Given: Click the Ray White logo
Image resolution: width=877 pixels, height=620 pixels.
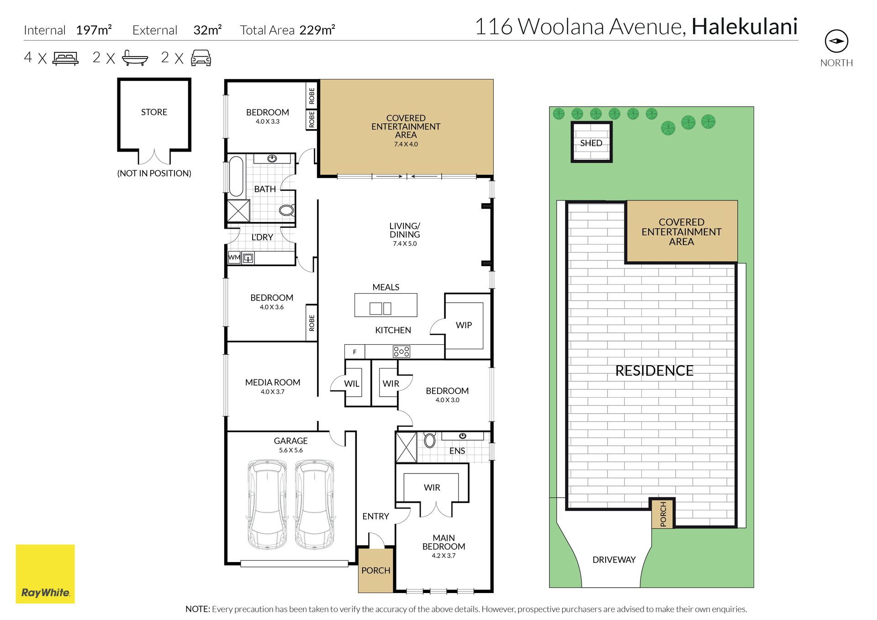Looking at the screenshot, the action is click(45, 573).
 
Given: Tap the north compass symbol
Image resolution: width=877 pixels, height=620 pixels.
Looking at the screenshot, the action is click(836, 41).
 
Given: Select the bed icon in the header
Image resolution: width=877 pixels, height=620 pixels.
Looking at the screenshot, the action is click(66, 58).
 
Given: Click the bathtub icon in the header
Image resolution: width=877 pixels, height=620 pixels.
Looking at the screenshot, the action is click(135, 58).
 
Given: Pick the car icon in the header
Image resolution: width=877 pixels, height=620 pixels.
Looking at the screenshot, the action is click(201, 58).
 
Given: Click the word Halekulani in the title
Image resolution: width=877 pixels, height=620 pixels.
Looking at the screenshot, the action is click(745, 26).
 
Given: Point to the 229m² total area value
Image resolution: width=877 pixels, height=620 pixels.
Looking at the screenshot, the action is click(317, 30).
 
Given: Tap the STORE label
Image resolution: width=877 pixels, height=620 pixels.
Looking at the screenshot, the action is click(154, 112).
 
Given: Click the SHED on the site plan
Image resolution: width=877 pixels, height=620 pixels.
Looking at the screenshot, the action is click(592, 142).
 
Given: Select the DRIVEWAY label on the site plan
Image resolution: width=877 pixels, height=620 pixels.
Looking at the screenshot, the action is click(614, 560).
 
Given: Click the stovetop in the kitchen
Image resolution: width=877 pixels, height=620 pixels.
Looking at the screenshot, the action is click(402, 352).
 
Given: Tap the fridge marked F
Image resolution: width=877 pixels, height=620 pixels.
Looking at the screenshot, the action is click(354, 352).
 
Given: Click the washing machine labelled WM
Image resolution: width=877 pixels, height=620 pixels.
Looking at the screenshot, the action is click(234, 257).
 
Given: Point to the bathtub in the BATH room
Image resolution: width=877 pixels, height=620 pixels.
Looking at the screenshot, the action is click(236, 176).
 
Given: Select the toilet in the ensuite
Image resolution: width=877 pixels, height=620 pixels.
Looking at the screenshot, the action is click(429, 440).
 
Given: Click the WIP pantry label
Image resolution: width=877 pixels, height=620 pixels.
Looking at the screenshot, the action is click(464, 325).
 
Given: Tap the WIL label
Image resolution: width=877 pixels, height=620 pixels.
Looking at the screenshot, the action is click(352, 384).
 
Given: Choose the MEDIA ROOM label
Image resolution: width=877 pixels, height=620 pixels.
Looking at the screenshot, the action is click(273, 383).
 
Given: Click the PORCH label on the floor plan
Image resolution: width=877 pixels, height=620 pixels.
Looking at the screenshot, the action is click(376, 571).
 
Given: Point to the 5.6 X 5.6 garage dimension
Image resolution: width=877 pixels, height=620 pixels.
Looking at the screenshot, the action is click(291, 450).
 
